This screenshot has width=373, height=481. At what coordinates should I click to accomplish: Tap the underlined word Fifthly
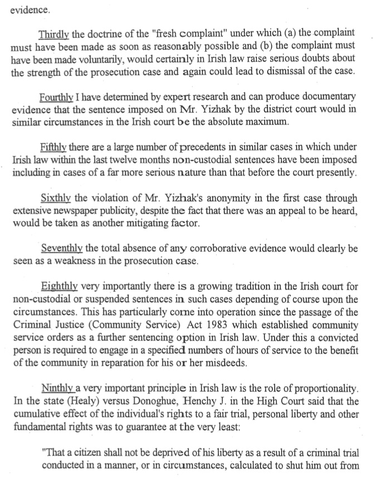[x=55, y=147]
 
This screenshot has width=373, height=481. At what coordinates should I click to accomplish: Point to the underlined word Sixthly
[x=56, y=198]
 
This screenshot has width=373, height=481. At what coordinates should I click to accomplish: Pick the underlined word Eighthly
[x=60, y=287]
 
